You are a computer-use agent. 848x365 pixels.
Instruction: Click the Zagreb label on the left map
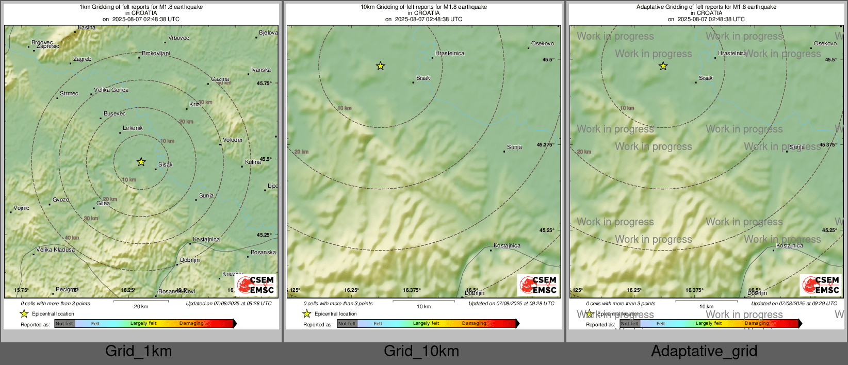82,59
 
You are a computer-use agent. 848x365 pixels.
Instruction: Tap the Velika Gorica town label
111,90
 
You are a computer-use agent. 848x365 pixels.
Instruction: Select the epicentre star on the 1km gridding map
141,162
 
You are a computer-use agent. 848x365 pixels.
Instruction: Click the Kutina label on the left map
253,162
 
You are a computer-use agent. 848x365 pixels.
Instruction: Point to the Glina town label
103,204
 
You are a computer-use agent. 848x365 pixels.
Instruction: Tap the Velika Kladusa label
55,250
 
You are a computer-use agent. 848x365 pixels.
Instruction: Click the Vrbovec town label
179,38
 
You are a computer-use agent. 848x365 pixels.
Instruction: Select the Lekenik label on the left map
133,128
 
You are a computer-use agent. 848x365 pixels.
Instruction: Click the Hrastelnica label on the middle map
449,54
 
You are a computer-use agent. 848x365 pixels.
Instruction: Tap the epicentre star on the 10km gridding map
380,66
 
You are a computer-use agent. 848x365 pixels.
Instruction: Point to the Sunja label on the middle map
514,147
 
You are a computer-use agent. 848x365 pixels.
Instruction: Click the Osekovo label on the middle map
543,44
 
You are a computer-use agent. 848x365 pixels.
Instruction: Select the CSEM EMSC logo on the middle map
538,285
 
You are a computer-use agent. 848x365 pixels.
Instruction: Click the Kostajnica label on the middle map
507,246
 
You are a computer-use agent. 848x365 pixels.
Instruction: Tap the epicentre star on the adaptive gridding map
663,66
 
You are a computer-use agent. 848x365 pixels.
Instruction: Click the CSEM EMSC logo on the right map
821,285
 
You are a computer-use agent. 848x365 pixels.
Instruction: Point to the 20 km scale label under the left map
141,307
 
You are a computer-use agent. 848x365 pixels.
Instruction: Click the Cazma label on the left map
220,79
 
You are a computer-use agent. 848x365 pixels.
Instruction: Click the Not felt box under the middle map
347,324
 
